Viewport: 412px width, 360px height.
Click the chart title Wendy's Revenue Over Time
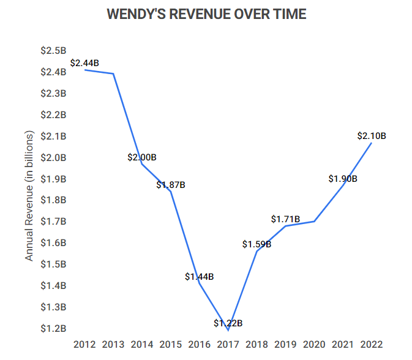tap(206, 14)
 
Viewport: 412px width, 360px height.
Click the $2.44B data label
tap(84, 62)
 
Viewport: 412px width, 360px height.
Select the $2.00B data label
tap(142, 157)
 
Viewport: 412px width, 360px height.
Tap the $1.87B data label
tap(171, 184)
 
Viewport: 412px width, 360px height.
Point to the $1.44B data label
tap(199, 276)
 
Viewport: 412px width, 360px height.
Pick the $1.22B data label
tap(228, 323)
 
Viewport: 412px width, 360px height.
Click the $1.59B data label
tap(257, 244)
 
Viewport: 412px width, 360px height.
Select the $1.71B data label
tap(285, 219)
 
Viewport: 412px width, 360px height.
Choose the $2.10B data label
tap(372, 136)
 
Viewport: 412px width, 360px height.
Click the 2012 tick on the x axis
tap(84, 344)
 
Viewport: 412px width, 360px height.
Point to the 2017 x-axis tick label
tap(228, 344)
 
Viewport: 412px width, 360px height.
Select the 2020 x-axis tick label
tap(314, 344)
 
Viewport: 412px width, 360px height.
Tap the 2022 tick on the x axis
tap(372, 344)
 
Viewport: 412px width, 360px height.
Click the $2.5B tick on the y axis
tap(53, 50)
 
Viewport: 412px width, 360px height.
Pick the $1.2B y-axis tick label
tap(53, 328)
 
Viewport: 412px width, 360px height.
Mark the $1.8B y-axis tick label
tap(53, 200)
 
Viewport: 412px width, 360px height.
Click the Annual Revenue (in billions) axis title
tap(29, 196)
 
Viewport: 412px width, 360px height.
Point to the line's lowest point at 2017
tap(228, 330)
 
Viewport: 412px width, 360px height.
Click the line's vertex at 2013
tap(113, 74)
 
